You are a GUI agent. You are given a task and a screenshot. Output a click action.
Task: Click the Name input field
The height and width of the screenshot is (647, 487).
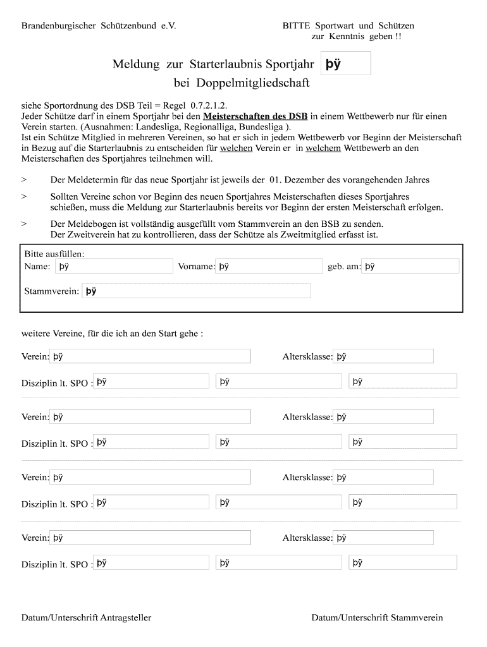point(114,266)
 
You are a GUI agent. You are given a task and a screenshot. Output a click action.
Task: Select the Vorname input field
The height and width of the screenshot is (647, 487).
point(269,266)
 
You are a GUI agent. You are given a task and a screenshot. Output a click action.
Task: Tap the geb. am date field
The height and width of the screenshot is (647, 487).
point(411,266)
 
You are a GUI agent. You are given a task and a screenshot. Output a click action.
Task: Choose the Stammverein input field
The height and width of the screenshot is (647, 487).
point(196,291)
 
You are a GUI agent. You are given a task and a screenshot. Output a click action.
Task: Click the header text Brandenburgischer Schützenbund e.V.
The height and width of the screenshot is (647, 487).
point(99,26)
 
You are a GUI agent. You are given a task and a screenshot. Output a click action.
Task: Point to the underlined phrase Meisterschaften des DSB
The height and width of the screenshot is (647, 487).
point(255,116)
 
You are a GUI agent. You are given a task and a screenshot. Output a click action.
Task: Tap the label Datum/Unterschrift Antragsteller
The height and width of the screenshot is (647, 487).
point(87,617)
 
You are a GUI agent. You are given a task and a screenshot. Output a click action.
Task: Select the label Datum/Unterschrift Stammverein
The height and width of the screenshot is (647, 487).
point(377,617)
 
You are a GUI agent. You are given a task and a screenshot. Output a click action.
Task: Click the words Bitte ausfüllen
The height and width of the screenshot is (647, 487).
point(54,253)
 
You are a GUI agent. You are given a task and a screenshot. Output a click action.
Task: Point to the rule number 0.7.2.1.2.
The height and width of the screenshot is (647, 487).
point(204,105)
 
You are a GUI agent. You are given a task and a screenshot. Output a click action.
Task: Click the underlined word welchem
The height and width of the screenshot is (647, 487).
point(323,148)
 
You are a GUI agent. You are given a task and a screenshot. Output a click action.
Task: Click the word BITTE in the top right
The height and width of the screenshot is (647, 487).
point(297,26)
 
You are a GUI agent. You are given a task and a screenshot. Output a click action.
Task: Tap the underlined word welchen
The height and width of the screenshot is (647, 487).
point(236,148)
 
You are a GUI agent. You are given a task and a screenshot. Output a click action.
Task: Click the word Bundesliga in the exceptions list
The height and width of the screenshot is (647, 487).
point(260,126)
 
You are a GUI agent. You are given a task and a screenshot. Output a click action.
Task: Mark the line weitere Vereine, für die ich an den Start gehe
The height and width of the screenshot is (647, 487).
point(113,333)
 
